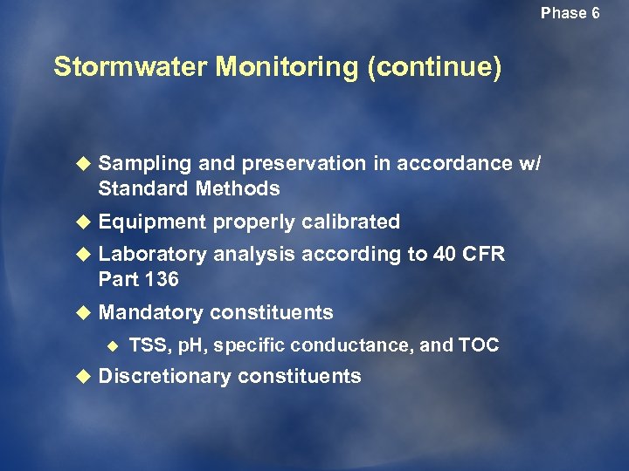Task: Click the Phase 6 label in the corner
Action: click(570, 13)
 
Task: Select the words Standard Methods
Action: click(189, 188)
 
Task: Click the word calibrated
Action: click(350, 222)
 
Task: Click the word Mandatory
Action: click(151, 312)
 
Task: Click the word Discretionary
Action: click(165, 377)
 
